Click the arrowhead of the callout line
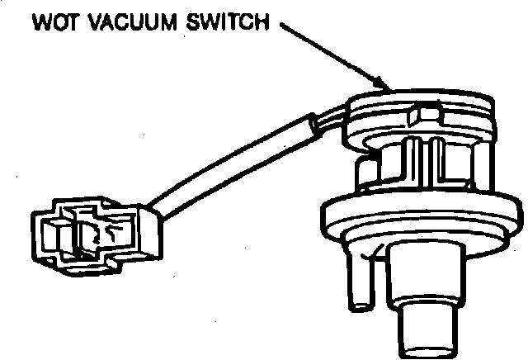click(x=384, y=85)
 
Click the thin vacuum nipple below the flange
click(x=361, y=281)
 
